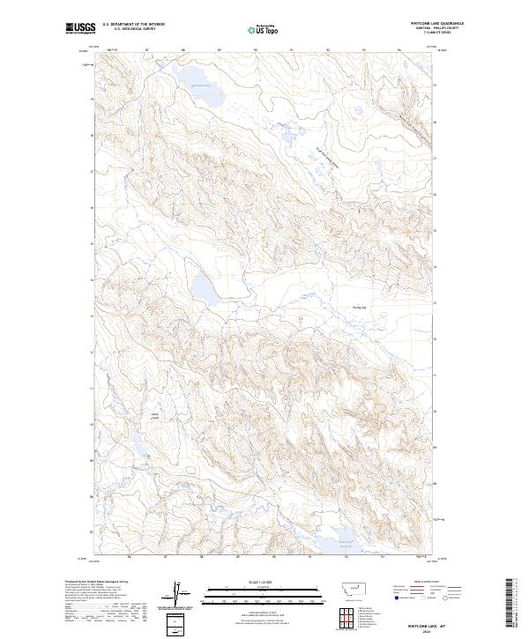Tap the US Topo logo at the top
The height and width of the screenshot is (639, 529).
tap(262, 30)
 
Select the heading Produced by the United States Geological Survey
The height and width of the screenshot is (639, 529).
tap(99, 581)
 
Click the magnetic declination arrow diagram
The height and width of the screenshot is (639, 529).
tap(181, 592)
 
